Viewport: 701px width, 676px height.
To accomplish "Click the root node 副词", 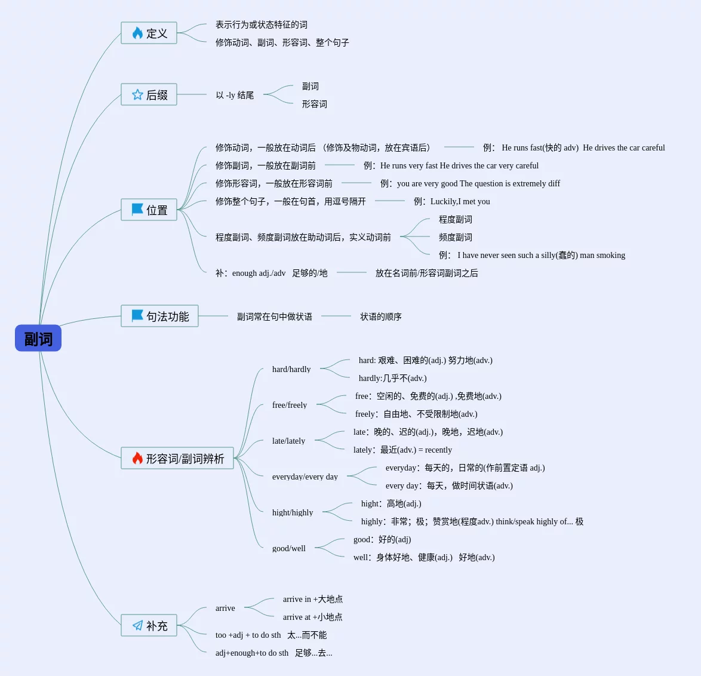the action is click(x=38, y=339).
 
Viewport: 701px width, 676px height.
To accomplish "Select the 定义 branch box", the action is click(x=149, y=33).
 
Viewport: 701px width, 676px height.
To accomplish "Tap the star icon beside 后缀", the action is click(x=137, y=95).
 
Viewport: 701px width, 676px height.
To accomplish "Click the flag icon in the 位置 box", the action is click(x=137, y=210).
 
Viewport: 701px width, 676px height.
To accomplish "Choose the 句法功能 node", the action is click(x=159, y=317).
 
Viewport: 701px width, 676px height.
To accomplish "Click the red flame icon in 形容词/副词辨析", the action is click(x=137, y=458).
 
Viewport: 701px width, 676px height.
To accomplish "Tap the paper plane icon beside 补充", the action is click(x=137, y=625).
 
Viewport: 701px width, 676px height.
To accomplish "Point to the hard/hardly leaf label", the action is click(x=291, y=369).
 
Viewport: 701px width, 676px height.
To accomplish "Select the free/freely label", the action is click(x=290, y=405).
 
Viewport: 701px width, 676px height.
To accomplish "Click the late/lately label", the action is click(x=288, y=441).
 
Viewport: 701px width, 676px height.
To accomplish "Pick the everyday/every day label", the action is click(x=305, y=477).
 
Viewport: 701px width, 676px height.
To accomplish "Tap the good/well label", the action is click(x=289, y=548).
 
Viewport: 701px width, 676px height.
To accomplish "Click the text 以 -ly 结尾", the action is click(x=235, y=95).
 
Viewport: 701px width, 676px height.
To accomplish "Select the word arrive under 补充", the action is click(x=225, y=608).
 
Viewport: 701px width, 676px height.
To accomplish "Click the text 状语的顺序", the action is click(x=381, y=317).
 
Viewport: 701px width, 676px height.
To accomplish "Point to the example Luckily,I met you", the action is click(x=460, y=201).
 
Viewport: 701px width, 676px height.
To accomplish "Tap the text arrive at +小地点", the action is click(x=312, y=617).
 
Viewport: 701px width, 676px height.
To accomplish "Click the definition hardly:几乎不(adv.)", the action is click(x=392, y=378).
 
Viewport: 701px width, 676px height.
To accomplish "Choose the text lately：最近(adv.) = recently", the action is click(x=402, y=450).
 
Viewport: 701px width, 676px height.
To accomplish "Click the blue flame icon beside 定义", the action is click(x=137, y=33).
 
